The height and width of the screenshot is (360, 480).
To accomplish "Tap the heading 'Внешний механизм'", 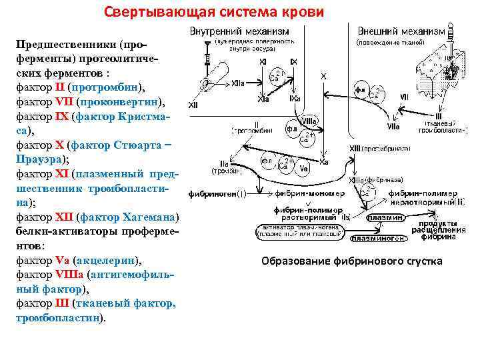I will coord(401,31).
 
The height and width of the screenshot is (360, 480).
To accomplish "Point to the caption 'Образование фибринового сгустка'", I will coord(352,261).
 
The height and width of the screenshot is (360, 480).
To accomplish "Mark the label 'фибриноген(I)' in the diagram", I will coord(217,195).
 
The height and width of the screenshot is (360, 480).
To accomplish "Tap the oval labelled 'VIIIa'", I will coord(309,121).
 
